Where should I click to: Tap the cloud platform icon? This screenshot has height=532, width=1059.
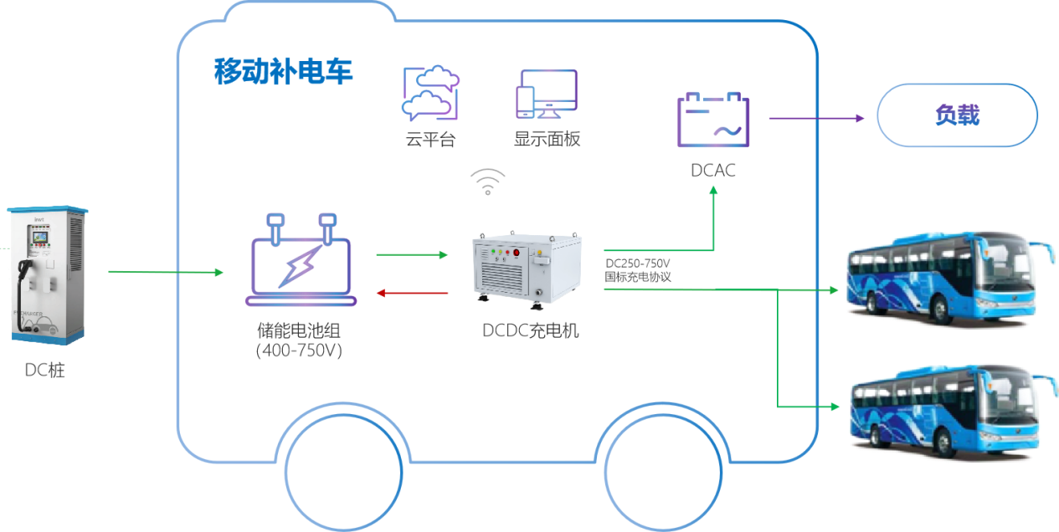[x=430, y=94]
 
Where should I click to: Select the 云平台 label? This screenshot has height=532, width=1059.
[x=430, y=140]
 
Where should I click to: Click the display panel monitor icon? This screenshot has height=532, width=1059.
[x=547, y=94]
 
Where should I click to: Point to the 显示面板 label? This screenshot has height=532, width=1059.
[x=547, y=140]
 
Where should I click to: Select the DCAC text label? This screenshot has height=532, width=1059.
[x=713, y=171]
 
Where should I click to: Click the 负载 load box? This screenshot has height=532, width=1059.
[x=957, y=116]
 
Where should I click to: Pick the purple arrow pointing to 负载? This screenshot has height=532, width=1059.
[x=816, y=119]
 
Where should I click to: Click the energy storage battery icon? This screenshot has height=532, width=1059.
[x=301, y=259]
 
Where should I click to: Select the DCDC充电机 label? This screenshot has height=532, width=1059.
[x=531, y=331]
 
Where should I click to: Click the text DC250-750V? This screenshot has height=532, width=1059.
[x=639, y=263]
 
